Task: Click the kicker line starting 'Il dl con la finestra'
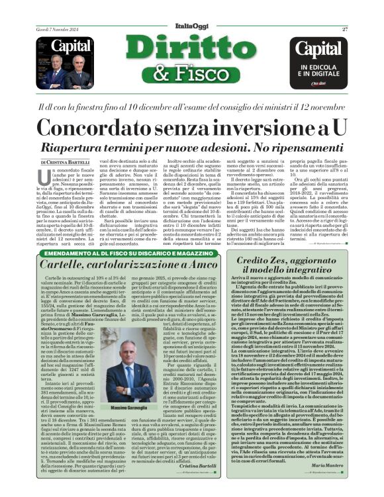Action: click(191, 106)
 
